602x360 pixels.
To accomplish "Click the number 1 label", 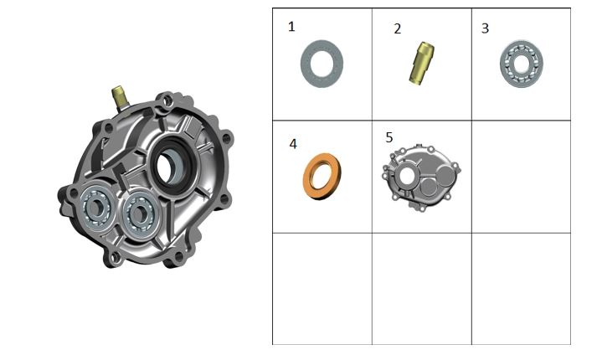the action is pos(291,27).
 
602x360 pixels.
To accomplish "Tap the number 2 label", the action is pos(398,28).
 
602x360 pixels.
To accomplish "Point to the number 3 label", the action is pos(485,28).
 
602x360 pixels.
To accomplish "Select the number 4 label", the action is pos(293,144).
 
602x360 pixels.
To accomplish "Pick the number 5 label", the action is pos(389,137).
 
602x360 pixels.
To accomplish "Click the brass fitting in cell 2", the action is pos(421,63).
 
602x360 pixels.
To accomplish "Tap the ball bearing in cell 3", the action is pos(522,64).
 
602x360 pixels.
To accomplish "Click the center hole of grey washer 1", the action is pos(322,64).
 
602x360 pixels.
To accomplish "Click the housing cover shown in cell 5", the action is pos(421,177).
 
